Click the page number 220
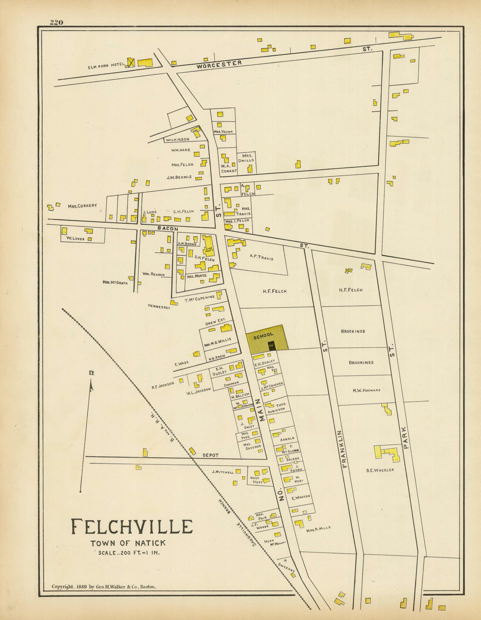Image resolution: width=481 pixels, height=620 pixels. (x=56, y=23)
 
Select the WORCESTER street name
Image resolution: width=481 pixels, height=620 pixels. (x=219, y=65)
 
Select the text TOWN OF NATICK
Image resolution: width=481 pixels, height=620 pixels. (x=128, y=543)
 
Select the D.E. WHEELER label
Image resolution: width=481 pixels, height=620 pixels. (x=380, y=470)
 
